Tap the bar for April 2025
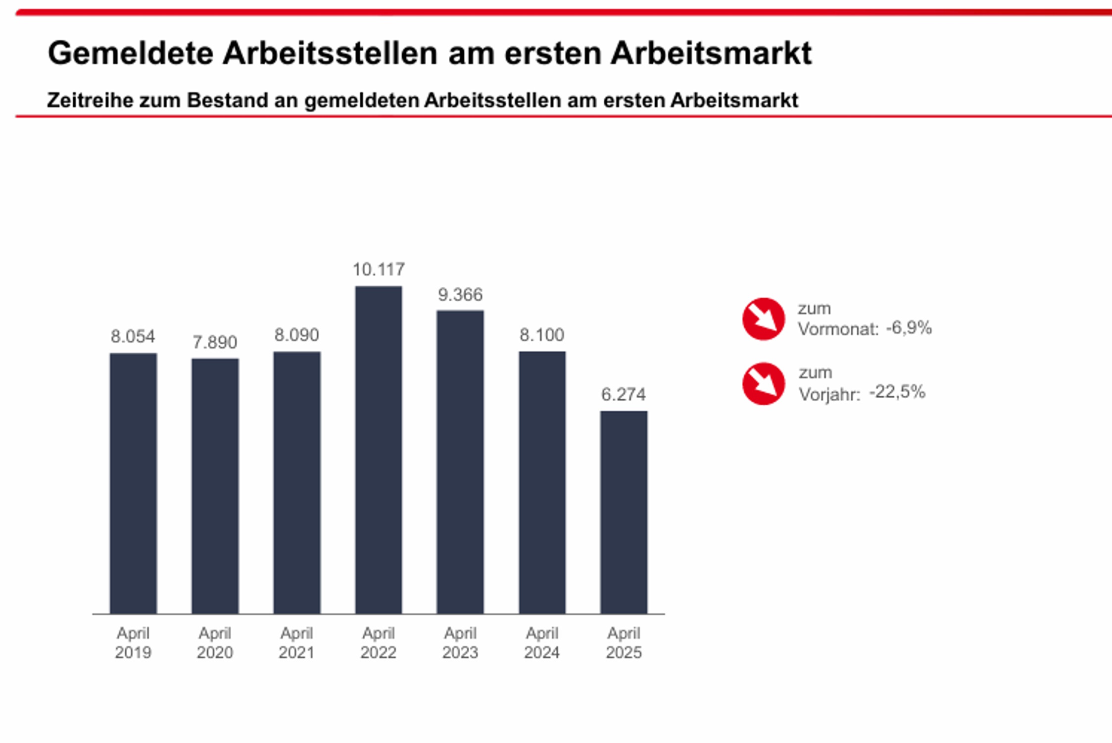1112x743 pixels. pyautogui.click(x=624, y=512)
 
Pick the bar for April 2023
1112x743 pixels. pyautogui.click(x=460, y=462)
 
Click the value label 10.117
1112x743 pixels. pyautogui.click(x=379, y=269)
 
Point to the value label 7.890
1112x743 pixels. pyautogui.click(x=215, y=342)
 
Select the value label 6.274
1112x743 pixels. pyautogui.click(x=624, y=394)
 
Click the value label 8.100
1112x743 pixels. pyautogui.click(x=542, y=335)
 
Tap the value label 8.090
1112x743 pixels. pyautogui.click(x=297, y=335)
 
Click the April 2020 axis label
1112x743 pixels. pyautogui.click(x=215, y=643)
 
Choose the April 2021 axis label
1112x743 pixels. pyautogui.click(x=297, y=643)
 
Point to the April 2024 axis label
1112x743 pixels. pyautogui.click(x=542, y=643)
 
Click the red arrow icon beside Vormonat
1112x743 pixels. pyautogui.click(x=763, y=319)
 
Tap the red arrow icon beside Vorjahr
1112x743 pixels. pyautogui.click(x=763, y=384)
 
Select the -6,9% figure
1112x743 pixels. pyautogui.click(x=909, y=328)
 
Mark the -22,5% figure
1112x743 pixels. pyautogui.click(x=897, y=392)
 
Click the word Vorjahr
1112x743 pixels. pyautogui.click(x=829, y=395)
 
